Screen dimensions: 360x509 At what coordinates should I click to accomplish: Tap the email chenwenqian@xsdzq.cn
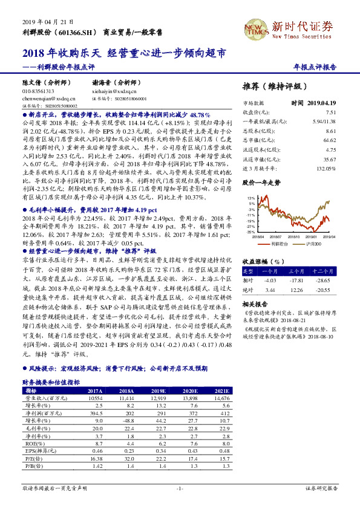[x=45, y=97]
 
